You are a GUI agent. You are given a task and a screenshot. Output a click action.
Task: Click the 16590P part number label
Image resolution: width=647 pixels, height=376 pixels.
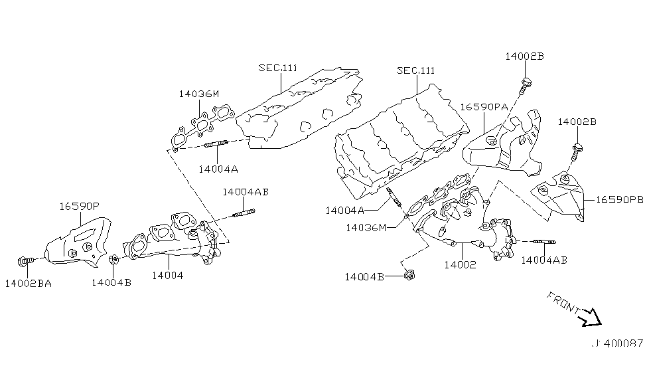click(x=79, y=206)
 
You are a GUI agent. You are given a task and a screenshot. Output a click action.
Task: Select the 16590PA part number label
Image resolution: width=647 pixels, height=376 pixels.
click(x=484, y=106)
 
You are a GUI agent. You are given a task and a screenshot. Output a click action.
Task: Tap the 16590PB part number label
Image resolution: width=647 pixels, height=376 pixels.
click(x=619, y=199)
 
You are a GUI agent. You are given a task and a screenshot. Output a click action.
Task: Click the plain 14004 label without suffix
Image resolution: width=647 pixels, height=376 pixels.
click(x=165, y=274)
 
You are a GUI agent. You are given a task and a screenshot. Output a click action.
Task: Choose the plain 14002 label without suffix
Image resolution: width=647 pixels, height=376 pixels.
click(x=461, y=264)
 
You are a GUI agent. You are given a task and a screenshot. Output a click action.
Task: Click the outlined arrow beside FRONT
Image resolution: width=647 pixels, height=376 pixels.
click(x=591, y=319)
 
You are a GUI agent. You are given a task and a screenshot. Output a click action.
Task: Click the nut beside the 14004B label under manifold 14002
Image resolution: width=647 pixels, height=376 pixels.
click(x=409, y=273)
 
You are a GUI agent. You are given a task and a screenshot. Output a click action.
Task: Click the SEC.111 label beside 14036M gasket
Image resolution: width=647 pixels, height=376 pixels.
click(x=278, y=68)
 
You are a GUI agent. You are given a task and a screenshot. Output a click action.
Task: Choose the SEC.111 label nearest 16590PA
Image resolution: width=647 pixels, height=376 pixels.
click(x=415, y=70)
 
